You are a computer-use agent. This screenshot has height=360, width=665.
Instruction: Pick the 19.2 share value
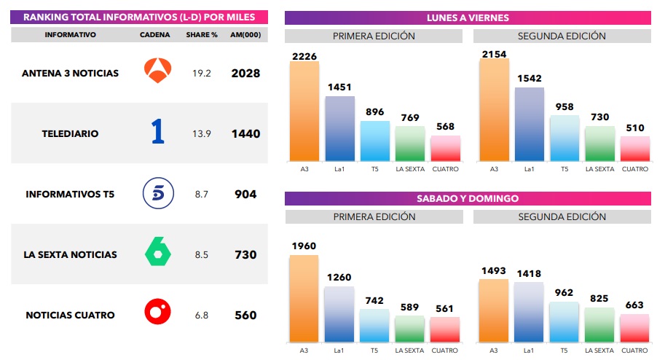pyautogui.click(x=202, y=73)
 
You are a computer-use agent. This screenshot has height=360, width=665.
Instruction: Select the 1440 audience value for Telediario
pyautogui.click(x=245, y=134)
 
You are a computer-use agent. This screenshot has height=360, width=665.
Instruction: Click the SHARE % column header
pyautogui.click(x=202, y=34)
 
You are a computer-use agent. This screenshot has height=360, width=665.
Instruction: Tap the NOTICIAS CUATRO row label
pyautogui.click(x=70, y=315)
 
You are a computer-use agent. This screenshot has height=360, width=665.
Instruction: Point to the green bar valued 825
pyautogui.click(x=599, y=325)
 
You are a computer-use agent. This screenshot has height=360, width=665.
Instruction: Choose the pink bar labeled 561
pyautogui.click(x=444, y=329)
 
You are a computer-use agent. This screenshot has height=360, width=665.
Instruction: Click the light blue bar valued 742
pyautogui.click(x=374, y=326)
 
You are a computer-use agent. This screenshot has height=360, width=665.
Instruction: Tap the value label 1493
pyautogui.click(x=493, y=271)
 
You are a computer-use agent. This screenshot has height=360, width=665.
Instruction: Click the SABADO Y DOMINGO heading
pyautogui.click(x=468, y=198)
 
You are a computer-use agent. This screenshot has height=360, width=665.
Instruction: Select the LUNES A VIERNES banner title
pyautogui.click(x=468, y=17)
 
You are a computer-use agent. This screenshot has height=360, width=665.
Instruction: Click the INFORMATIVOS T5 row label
pyautogui.click(x=70, y=195)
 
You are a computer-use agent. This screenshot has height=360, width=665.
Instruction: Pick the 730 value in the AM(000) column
pyautogui.click(x=245, y=255)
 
